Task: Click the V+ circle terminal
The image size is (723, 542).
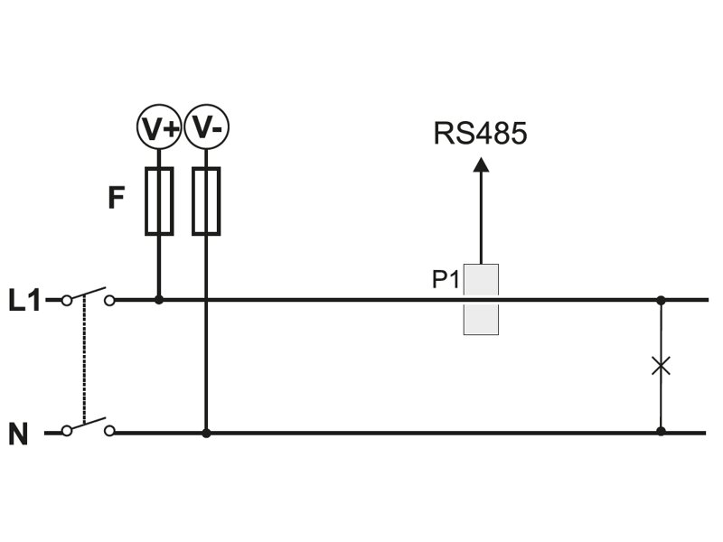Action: click(160, 129)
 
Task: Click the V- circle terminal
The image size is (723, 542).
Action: click(207, 129)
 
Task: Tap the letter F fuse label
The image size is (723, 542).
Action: click(114, 198)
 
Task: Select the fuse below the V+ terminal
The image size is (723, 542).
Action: click(160, 201)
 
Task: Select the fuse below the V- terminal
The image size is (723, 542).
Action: click(207, 201)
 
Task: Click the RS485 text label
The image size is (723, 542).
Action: click(480, 135)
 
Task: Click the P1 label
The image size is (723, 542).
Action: click(446, 280)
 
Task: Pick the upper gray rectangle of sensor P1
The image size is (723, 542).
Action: click(481, 279)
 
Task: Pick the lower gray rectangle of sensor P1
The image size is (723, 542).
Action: click(481, 320)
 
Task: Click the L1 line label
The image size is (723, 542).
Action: click(25, 300)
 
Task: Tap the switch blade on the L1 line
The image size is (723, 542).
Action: click(88, 294)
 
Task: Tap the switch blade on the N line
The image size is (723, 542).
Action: click(88, 426)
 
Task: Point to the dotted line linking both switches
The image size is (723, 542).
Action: click(84, 361)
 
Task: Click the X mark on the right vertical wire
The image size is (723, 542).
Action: click(661, 366)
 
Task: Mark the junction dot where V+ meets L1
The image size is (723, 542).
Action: click(160, 299)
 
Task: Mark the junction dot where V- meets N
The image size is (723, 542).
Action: click(207, 433)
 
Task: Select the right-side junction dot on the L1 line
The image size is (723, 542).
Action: click(661, 299)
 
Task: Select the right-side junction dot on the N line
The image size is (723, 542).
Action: click(661, 432)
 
